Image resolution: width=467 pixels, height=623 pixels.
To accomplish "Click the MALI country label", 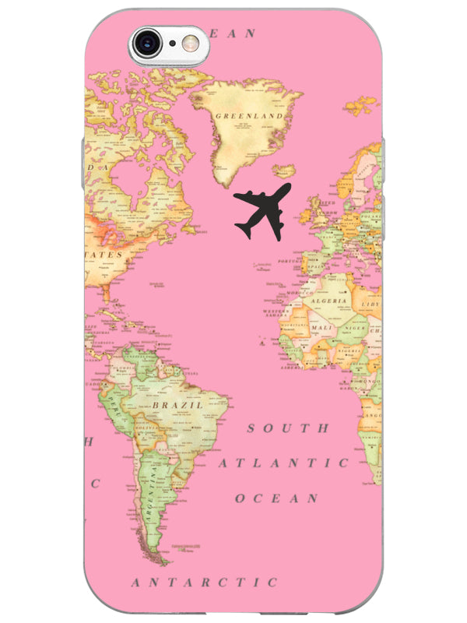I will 321,328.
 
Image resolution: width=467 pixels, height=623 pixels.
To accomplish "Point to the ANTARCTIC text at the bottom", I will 204,582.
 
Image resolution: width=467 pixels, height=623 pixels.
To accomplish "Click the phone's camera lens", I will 148,43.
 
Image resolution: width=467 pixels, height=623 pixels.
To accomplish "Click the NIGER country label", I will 353,328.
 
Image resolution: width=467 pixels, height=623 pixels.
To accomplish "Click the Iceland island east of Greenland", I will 285,170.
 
